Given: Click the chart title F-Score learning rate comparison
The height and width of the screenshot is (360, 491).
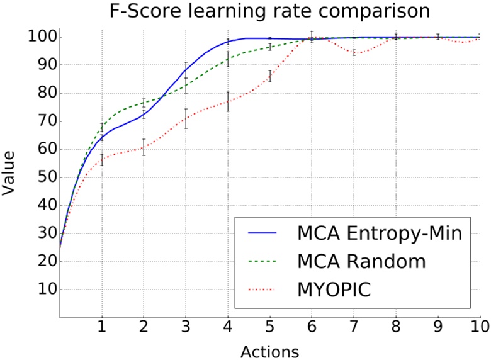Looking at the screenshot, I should click(269, 12).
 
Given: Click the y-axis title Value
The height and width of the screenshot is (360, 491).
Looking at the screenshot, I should click(11, 176).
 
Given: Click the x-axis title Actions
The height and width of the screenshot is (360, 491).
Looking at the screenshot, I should click(269, 349).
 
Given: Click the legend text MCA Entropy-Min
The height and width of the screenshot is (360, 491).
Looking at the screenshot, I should click(380, 234).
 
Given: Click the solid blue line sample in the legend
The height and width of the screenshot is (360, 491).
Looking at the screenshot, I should click(263, 234).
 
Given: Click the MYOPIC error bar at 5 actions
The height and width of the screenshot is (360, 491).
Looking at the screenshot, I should click(270, 76).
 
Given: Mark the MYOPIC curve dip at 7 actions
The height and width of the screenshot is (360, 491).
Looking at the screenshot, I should click(354, 53).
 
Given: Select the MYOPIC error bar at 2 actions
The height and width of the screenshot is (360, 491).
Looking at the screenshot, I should click(144, 147).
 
